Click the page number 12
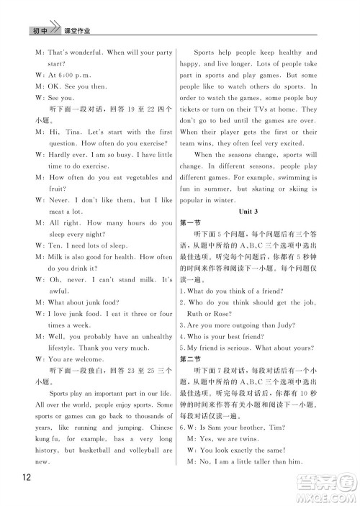click(x=24, y=478)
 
